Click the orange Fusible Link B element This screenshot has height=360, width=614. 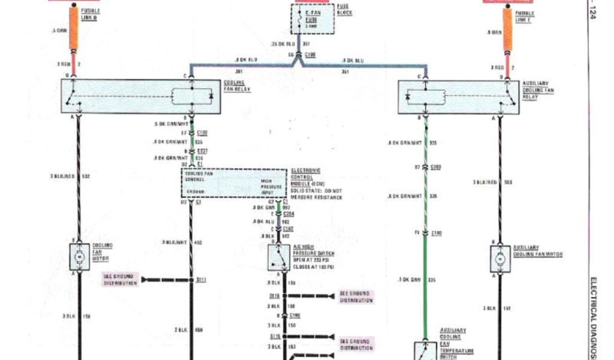pyautogui.click(x=74, y=29)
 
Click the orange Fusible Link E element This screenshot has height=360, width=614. pyautogui.click(x=507, y=29)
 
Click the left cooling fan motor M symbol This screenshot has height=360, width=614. pyautogui.click(x=80, y=257)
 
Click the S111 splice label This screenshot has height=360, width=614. pyautogui.click(x=201, y=280)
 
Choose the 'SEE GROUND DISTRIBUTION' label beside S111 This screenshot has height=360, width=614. pyautogui.click(x=120, y=280)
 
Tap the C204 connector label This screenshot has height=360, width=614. pyautogui.click(x=289, y=213)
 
